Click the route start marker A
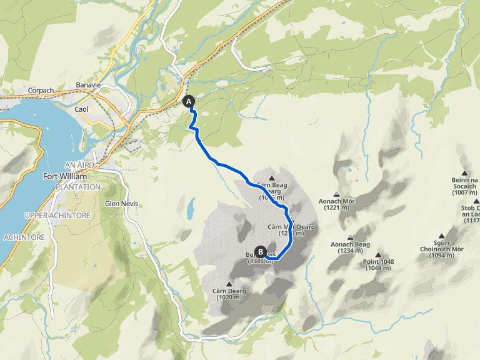188,101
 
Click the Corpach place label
42,91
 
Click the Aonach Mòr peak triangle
337,194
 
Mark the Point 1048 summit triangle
379,255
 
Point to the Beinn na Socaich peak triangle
464,173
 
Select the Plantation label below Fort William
77,187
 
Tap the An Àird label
79,164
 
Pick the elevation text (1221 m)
337,208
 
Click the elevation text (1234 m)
346,251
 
